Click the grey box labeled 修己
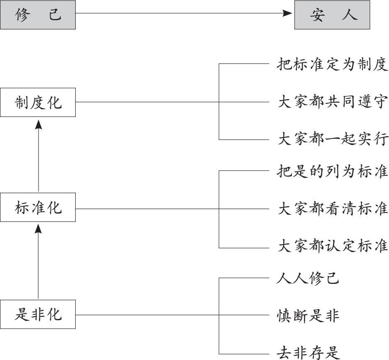[x=38, y=15]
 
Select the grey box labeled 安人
[x=332, y=15]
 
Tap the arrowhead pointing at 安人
[x=288, y=13]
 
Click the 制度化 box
[x=38, y=103]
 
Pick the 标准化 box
[x=38, y=207]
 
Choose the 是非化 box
[x=38, y=314]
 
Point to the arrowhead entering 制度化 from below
[x=38, y=124]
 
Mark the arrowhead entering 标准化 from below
[x=38, y=229]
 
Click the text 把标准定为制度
[x=332, y=64]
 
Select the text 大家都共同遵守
[x=332, y=102]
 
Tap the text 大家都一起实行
[x=332, y=139]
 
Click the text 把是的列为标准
[x=332, y=171]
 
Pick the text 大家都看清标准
[x=332, y=208]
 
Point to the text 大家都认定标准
[x=332, y=246]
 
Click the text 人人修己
[x=307, y=278]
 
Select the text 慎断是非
[x=307, y=315]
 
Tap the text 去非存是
[x=307, y=353]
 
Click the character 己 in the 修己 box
[x=55, y=14]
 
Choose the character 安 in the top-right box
[x=317, y=15]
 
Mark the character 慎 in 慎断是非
[x=283, y=316]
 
